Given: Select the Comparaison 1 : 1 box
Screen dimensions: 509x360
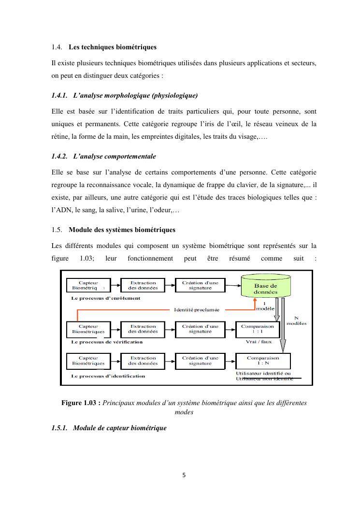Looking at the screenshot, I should tap(257, 329).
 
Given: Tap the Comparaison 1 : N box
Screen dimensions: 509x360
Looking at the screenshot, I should tap(263, 361).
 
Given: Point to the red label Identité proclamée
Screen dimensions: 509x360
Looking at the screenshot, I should tap(196, 310).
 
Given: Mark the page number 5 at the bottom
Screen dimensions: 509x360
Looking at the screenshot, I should tap(184, 475).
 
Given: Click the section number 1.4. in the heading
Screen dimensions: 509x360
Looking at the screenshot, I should tap(57, 47).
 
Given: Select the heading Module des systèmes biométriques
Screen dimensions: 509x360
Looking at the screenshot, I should tap(122, 230).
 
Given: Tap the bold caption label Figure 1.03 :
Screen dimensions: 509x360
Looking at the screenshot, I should tap(81, 403).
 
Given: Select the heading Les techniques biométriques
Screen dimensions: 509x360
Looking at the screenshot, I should tap(113, 47).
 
